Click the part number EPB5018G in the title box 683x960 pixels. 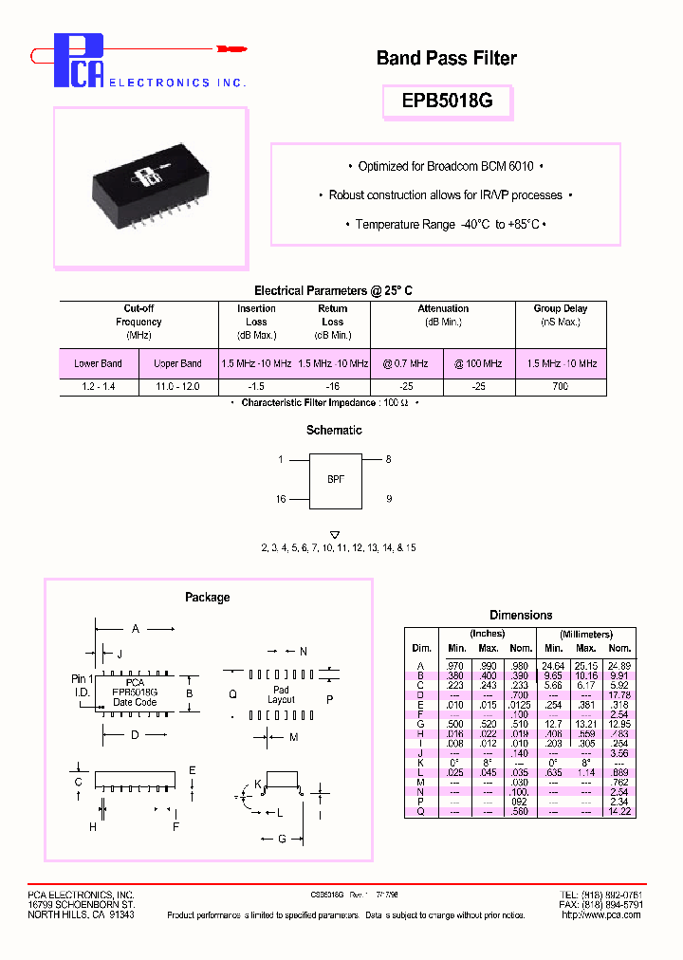click(447, 102)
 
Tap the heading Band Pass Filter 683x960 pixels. click(446, 59)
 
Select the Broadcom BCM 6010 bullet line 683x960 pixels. click(446, 167)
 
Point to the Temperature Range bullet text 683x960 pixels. click(447, 225)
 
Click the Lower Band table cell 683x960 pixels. click(99, 364)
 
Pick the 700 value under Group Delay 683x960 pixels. click(562, 388)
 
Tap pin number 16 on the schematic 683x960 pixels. click(280, 499)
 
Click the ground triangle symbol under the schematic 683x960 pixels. click(334, 535)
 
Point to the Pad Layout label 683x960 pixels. click(281, 694)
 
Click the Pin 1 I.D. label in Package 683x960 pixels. click(83, 686)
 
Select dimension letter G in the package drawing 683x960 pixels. click(283, 839)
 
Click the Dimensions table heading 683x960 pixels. click(521, 616)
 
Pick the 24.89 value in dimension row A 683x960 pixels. click(620, 666)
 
